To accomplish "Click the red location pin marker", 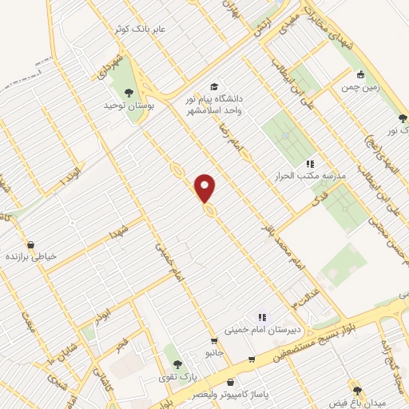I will (206, 187).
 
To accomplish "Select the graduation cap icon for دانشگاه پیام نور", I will (213, 86).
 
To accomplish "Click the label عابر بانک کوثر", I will (138, 28).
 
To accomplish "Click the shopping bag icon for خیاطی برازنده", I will (30, 244).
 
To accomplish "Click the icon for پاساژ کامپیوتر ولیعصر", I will (231, 383).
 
